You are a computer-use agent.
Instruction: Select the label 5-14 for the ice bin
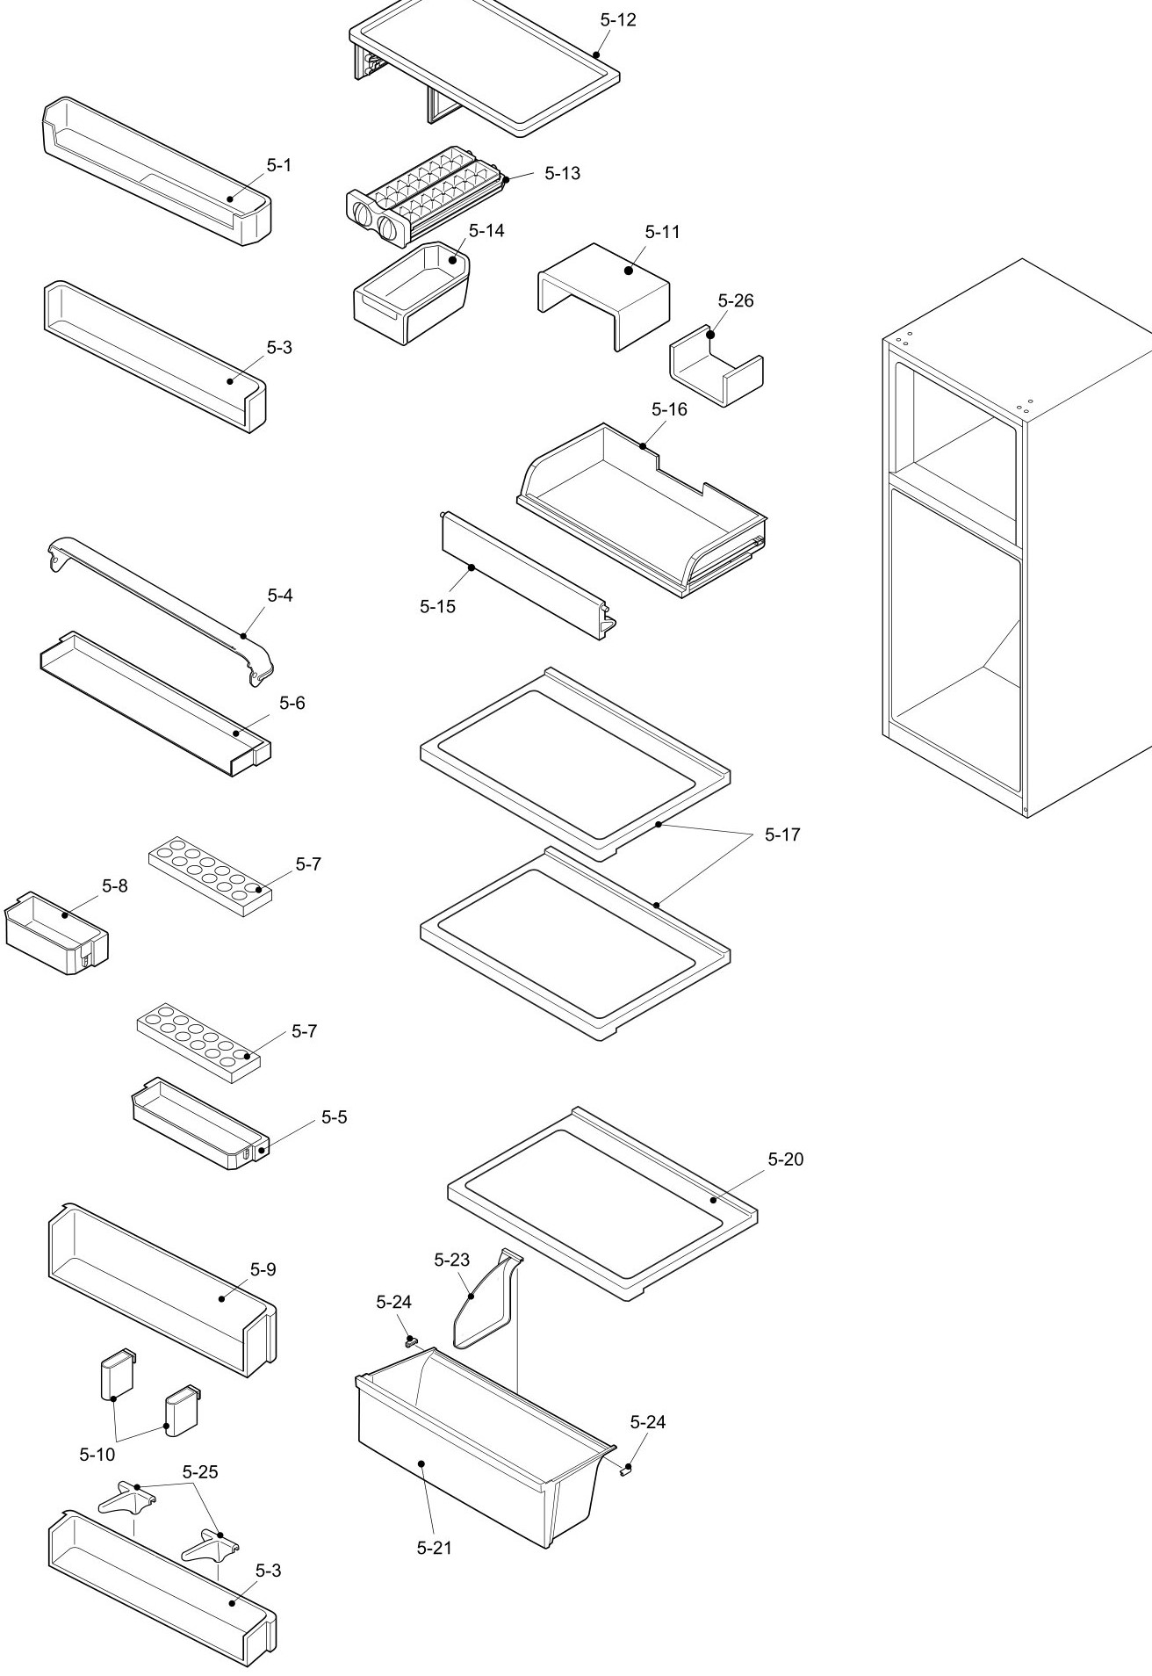click(x=486, y=231)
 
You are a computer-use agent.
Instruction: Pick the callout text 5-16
click(x=669, y=409)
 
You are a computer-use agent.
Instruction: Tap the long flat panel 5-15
click(x=522, y=575)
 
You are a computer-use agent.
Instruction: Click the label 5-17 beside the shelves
click(x=782, y=834)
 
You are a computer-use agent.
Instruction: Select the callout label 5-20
click(x=785, y=1159)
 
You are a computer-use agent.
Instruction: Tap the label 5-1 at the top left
click(x=279, y=166)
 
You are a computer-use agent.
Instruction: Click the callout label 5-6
click(x=292, y=704)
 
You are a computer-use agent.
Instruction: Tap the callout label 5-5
click(x=334, y=1117)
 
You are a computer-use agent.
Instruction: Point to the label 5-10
click(x=97, y=1455)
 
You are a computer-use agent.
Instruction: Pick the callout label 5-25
click(x=200, y=1471)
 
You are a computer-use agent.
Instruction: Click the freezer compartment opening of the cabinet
click(x=957, y=413)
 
